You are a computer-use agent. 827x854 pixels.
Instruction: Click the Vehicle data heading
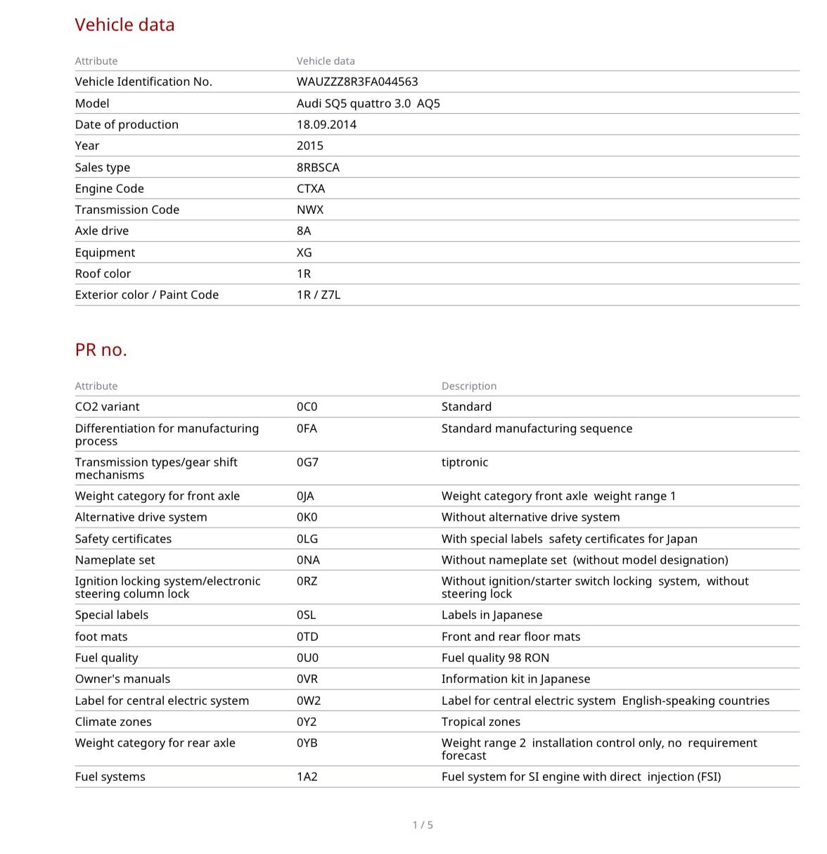coord(124,25)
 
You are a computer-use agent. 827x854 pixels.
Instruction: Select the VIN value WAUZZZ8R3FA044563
coord(357,82)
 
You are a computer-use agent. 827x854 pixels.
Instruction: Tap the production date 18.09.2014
coord(326,125)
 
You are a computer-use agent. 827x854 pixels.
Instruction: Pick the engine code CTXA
coord(311,189)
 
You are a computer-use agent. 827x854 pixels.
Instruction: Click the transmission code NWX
coord(310,210)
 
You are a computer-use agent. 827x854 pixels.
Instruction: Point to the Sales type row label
coord(103,167)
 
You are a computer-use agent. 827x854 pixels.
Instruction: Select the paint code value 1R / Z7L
coord(319,295)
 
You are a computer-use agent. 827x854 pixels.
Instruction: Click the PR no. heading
coord(101,350)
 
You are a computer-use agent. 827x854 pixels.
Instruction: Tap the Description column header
coord(469,386)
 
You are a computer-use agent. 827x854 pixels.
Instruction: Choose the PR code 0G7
coord(307,462)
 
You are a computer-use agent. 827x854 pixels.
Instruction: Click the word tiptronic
coord(464,462)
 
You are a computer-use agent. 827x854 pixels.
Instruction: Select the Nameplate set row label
coord(115,560)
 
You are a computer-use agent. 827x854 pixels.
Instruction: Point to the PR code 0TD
coord(307,637)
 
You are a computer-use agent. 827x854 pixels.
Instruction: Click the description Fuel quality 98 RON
coord(495,658)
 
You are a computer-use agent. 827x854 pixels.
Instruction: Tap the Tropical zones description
coord(481,722)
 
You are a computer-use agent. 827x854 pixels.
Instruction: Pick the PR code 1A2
coord(307,777)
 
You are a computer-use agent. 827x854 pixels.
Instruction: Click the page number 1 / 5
coord(423,824)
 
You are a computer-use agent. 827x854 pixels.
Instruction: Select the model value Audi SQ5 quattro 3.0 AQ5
coord(368,103)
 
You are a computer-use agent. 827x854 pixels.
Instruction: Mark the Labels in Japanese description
coord(492,615)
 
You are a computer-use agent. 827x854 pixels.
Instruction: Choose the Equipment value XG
coord(304,253)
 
